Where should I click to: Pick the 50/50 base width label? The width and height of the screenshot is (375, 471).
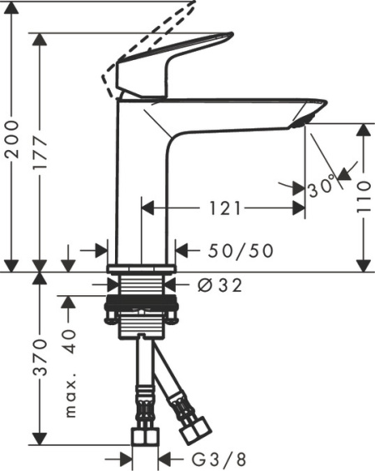click(x=238, y=250)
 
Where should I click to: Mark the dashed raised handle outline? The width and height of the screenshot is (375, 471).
click(x=150, y=38)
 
